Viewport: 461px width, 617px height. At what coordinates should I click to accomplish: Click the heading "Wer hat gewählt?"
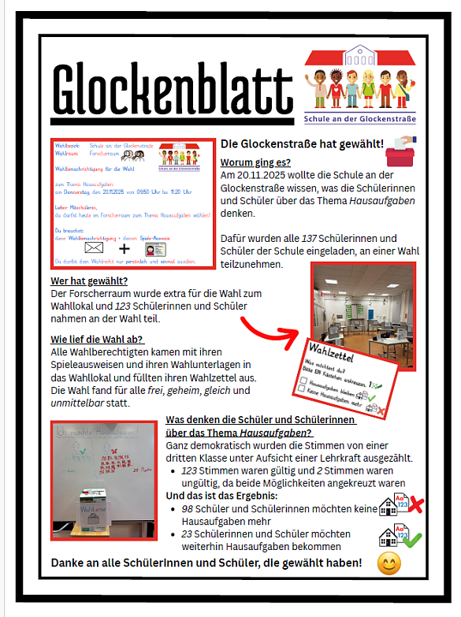pos(90,281)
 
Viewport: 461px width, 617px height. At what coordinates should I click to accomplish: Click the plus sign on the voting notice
pos(125,247)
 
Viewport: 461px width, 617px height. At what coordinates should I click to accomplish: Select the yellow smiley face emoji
pos(392,563)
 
